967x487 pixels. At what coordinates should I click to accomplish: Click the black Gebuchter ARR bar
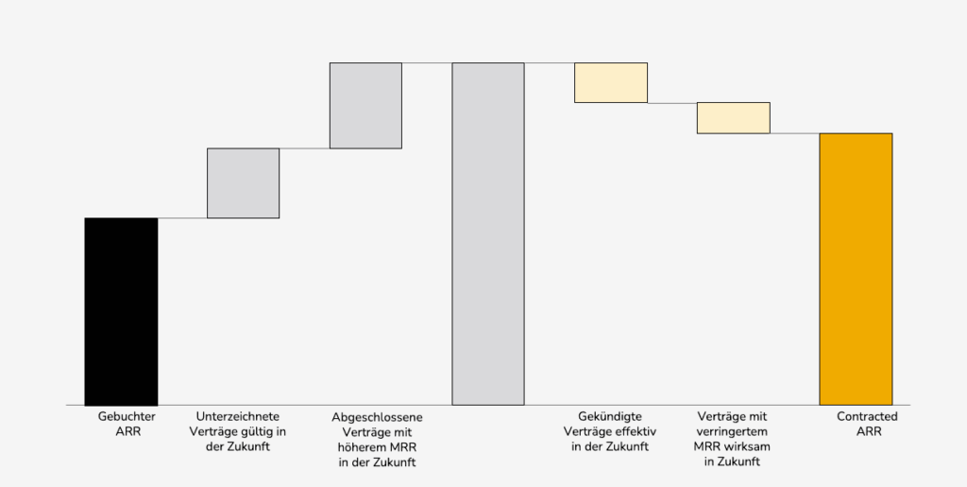point(121,311)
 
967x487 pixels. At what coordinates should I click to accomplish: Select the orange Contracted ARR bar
point(856,270)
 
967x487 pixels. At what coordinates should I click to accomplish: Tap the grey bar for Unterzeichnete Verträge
point(243,183)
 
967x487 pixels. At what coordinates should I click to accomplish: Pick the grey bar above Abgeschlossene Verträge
point(365,105)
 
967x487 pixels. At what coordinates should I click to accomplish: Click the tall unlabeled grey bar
point(488,234)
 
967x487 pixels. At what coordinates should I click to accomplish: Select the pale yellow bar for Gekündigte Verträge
point(611,82)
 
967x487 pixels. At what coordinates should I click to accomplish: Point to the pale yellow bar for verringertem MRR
point(734,117)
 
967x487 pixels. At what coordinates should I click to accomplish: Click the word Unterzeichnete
point(237,416)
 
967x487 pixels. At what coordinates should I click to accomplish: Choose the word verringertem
point(733,431)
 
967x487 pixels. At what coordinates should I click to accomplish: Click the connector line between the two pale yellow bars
point(672,102)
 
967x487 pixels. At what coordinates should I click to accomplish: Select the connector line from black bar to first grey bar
point(182,218)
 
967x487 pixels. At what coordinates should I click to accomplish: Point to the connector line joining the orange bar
point(794,133)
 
